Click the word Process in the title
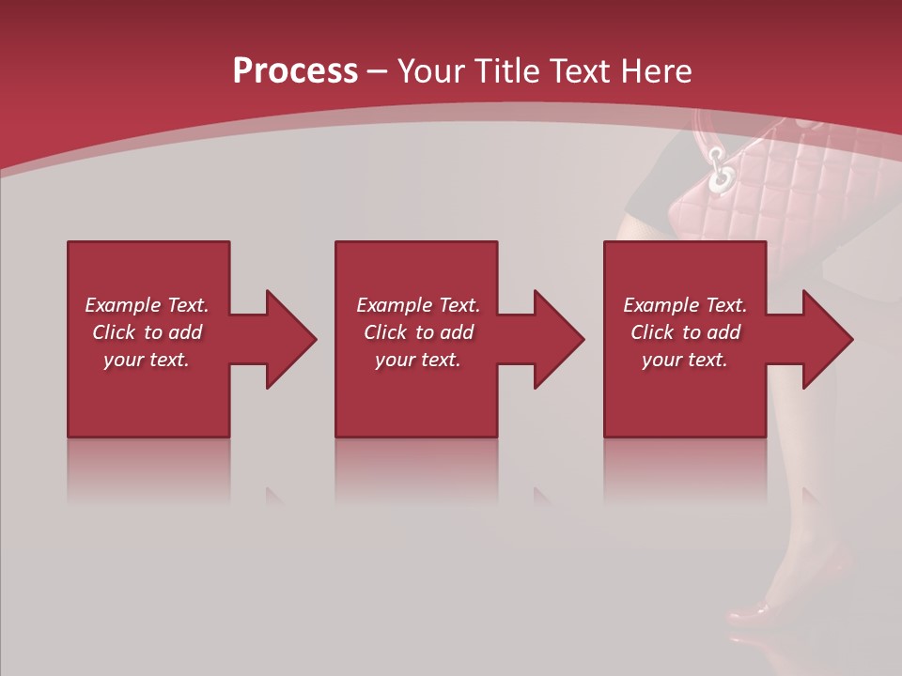coord(295,71)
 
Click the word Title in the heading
coord(507,71)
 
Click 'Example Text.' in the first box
coord(147,305)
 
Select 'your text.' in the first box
coord(147,360)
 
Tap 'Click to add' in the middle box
coord(418,332)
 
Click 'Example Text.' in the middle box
coord(418,305)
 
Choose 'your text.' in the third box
coord(685,360)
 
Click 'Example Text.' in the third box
coord(685,305)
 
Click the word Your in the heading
coord(433,71)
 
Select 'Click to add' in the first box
coord(147,332)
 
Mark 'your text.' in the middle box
coord(418,360)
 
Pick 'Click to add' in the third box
coord(685,332)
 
